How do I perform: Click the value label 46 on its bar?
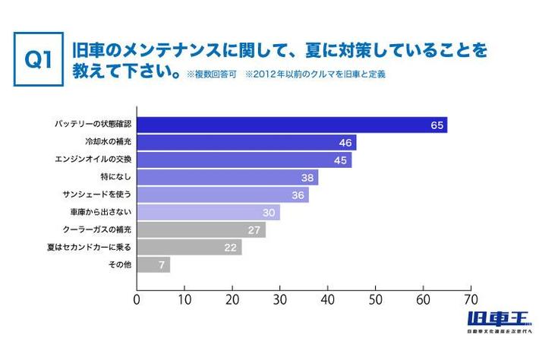346,143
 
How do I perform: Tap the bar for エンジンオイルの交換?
243,160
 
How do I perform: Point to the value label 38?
307,178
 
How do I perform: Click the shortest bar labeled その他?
153,265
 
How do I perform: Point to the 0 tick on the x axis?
137,299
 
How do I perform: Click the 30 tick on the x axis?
280,299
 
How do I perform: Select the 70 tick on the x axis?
471,299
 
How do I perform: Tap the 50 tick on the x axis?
376,299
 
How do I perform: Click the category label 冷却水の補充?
109,142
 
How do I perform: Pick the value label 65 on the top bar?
437,125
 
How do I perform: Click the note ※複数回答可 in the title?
210,76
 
